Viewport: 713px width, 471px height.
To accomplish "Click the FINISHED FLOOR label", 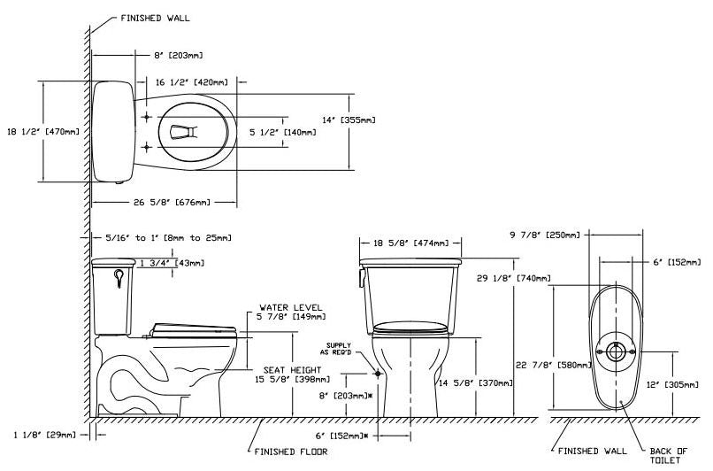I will [x=291, y=452].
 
